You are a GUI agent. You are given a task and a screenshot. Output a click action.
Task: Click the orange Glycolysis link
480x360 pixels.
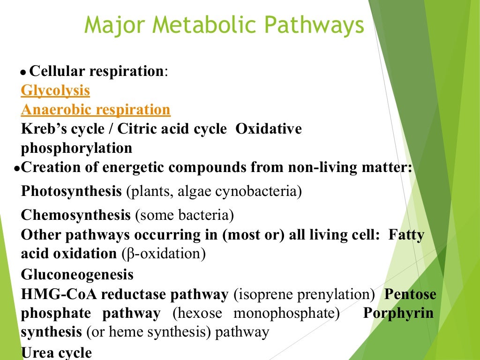pyautogui.click(x=55, y=90)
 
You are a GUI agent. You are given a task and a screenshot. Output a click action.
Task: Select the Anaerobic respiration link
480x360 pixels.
pyautogui.click(x=96, y=110)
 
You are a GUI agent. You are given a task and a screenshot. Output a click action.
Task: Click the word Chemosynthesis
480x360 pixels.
pyautogui.click(x=75, y=215)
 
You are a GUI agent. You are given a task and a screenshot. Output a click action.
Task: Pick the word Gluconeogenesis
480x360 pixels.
pyautogui.click(x=77, y=274)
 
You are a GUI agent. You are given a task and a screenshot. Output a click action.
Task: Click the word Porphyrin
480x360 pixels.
pyautogui.click(x=398, y=313)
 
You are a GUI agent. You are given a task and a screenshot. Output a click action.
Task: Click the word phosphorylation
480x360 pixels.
pyautogui.click(x=76, y=148)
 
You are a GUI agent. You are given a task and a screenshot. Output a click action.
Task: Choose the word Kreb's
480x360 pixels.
pyautogui.click(x=42, y=129)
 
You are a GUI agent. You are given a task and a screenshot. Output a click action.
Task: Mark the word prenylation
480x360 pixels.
pyautogui.click(x=338, y=295)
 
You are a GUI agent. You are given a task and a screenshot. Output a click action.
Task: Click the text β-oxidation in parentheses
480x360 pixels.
pyautogui.click(x=164, y=254)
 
